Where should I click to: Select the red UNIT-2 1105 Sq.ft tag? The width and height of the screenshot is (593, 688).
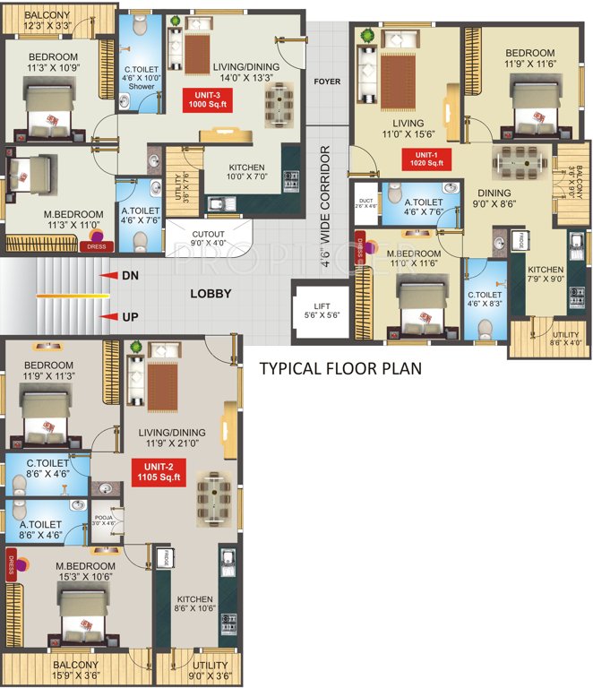[157, 471]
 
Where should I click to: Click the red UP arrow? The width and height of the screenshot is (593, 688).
[111, 316]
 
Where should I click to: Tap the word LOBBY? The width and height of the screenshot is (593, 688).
[211, 294]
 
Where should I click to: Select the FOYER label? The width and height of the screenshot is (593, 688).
[327, 82]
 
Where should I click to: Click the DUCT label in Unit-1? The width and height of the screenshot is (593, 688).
[365, 203]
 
